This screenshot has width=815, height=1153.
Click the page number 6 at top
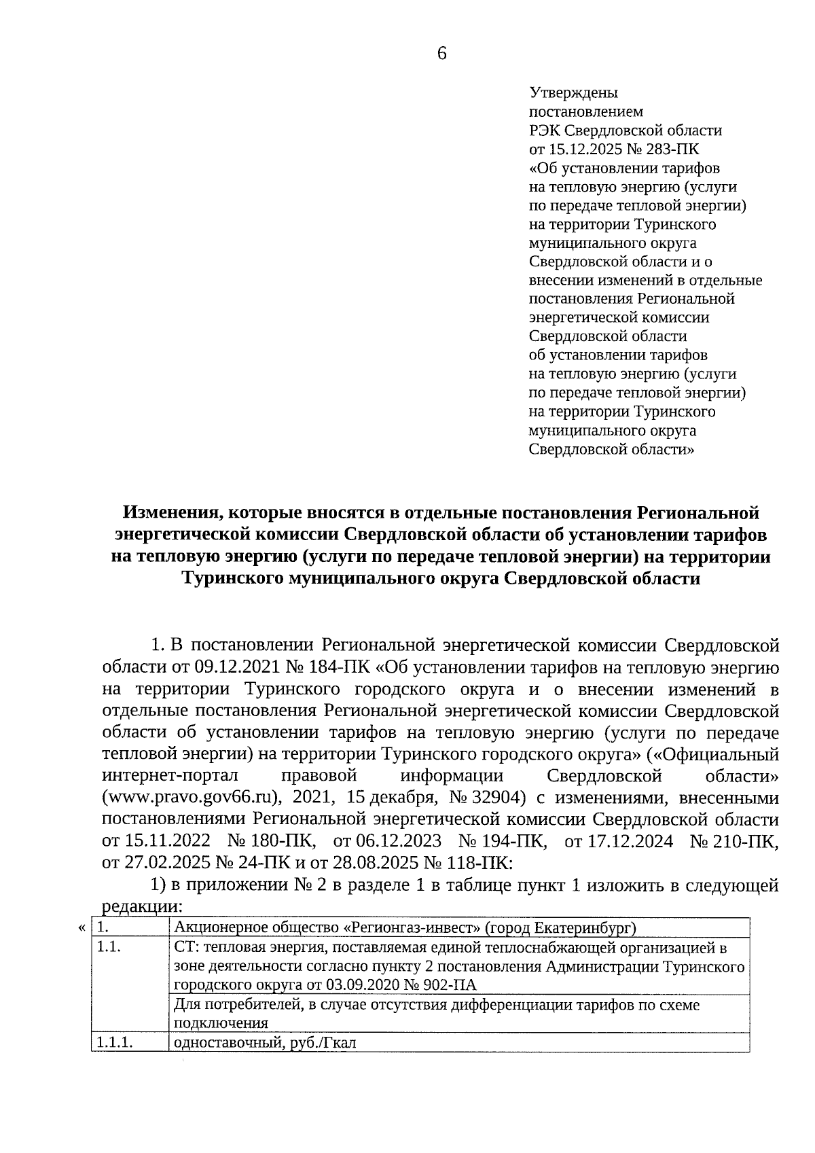point(441,54)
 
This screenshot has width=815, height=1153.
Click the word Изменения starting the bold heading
point(168,513)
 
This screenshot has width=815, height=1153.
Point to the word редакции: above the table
point(142,907)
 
